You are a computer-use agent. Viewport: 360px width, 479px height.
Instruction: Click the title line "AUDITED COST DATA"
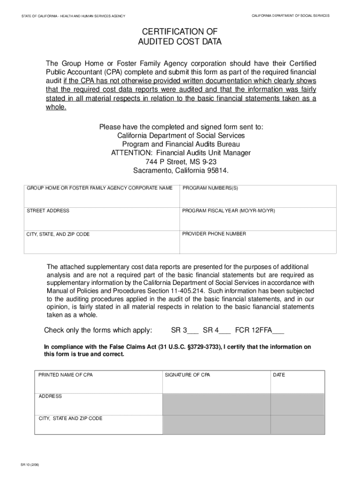pos(180,42)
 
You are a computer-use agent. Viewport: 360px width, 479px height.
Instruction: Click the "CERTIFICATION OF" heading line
pos(180,31)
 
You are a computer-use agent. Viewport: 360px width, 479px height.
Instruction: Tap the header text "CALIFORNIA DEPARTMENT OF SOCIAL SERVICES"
pos(290,16)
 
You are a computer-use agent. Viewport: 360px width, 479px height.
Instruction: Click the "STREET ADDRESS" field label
pos(48,211)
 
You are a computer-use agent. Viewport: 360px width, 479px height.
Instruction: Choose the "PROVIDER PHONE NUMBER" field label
pos(214,234)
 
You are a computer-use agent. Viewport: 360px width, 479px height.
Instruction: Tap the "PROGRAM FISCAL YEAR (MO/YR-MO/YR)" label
pos(229,211)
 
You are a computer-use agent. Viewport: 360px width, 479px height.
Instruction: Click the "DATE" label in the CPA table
pos(279,375)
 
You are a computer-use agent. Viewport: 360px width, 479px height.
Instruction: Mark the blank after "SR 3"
pos(193,331)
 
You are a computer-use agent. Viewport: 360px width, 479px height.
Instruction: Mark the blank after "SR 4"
pos(225,331)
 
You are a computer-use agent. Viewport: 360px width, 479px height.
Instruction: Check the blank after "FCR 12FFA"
pos(278,331)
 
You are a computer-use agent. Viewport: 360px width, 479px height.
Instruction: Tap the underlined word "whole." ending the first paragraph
pos(56,107)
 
